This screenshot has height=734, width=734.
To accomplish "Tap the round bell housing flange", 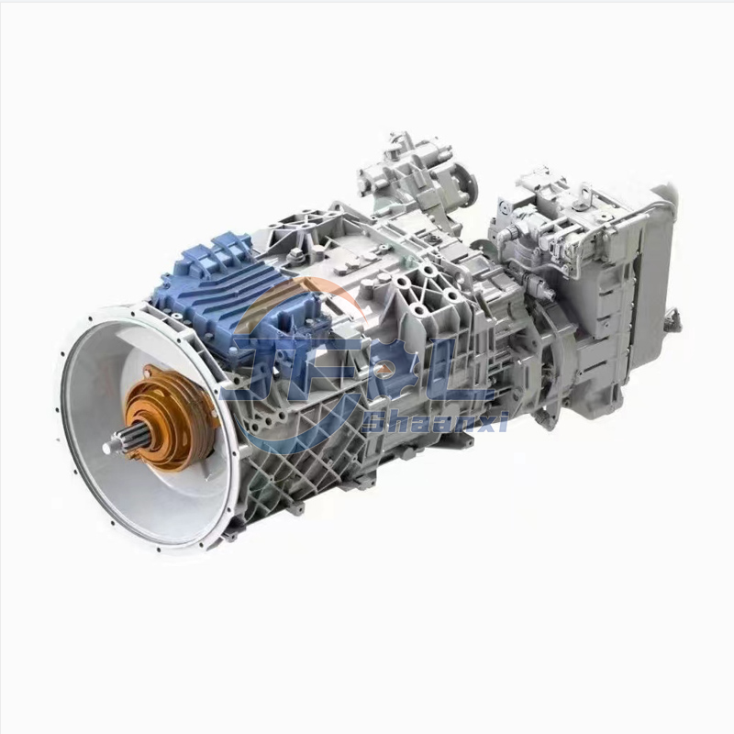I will (147, 431).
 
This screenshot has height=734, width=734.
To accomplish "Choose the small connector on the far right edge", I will (676, 317).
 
